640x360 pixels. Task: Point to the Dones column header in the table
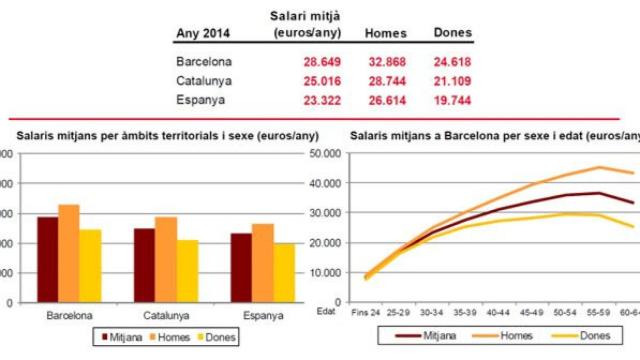[452, 33]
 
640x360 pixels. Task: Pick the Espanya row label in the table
[200, 100]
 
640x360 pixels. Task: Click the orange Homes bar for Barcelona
[68, 253]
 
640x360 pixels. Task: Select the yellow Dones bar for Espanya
[284, 272]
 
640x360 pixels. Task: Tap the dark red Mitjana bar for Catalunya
[145, 265]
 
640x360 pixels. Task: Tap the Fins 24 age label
[367, 313]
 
